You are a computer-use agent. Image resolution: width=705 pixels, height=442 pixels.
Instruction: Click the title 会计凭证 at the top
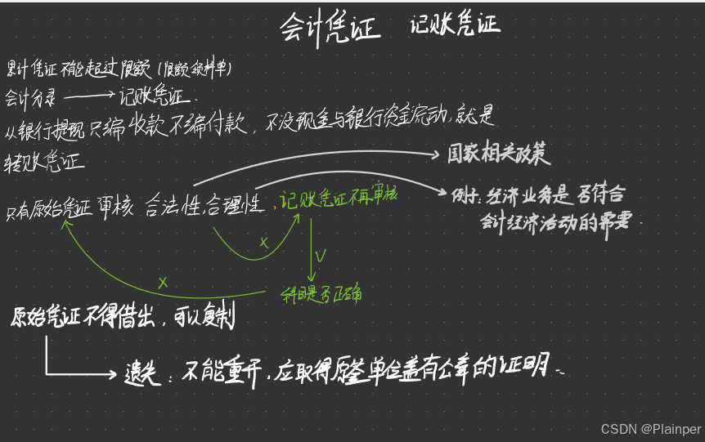[330, 28]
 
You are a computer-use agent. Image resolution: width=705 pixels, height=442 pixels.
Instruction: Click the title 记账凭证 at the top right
[455, 25]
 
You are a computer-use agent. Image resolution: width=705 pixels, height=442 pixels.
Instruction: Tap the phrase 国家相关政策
[498, 154]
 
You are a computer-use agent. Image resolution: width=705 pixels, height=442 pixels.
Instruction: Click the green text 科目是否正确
[321, 294]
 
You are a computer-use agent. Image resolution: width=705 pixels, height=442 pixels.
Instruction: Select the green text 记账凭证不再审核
[338, 198]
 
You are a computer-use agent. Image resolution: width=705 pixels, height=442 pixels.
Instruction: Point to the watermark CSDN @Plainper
[651, 429]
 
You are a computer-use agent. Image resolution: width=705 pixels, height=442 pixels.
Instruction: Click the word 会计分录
[31, 97]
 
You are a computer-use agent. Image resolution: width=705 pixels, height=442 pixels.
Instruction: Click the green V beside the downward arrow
[320, 257]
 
